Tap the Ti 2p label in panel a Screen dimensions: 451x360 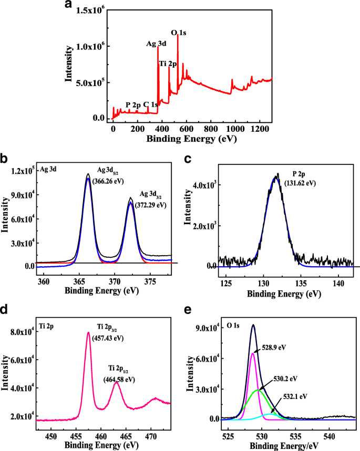pyautogui.click(x=168, y=64)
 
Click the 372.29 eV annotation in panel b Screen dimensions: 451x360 pyautogui.click(x=150, y=205)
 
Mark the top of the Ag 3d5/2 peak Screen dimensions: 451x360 pyautogui.click(x=88, y=174)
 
